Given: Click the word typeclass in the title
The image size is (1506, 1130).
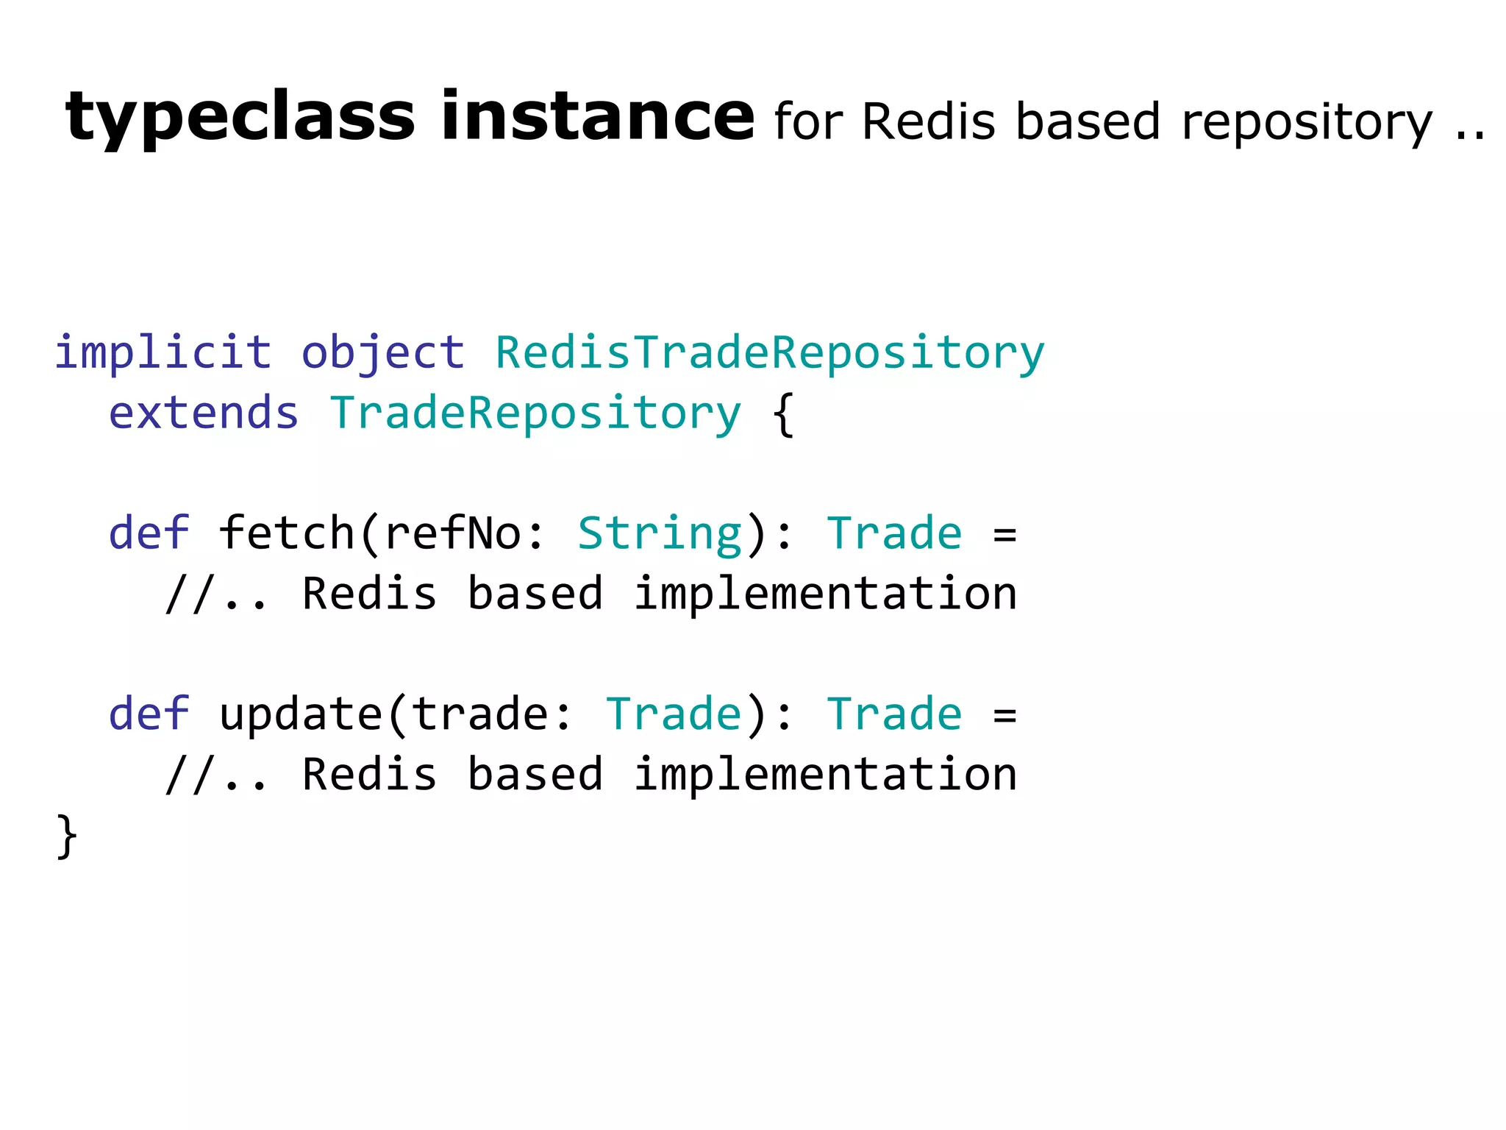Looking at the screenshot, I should tap(240, 118).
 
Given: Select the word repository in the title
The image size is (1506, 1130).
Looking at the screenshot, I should tap(1307, 122).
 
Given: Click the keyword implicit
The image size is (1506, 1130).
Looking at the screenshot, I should tap(163, 352).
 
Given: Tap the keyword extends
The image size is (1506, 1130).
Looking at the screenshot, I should tap(204, 413).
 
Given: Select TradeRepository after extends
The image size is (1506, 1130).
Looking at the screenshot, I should tap(535, 414).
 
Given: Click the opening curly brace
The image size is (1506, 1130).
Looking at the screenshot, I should tap(784, 414).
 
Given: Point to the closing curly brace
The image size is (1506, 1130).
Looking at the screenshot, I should tap(66, 836).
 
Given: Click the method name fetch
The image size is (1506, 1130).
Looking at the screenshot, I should tap(287, 533).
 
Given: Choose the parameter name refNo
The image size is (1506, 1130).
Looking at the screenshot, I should tap(452, 533).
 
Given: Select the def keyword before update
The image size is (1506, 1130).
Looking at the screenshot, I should tap(149, 714).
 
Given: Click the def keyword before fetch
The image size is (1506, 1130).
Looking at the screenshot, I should tap(149, 533).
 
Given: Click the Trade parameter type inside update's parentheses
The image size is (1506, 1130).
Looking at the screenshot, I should tap(673, 714).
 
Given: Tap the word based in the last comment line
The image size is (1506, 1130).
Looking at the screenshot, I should tap(535, 775).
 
